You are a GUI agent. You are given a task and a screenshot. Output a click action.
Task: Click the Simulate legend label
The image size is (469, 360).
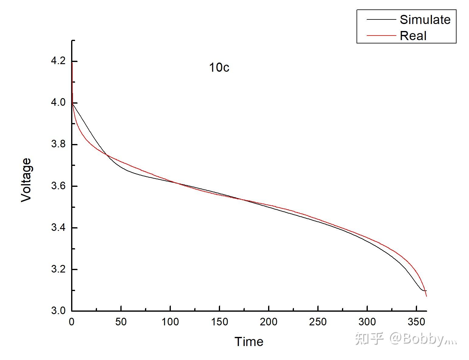(x=425, y=20)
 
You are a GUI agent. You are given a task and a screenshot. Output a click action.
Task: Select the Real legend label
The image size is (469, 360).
(x=413, y=36)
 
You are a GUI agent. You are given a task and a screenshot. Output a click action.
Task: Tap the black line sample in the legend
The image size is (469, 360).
(x=381, y=20)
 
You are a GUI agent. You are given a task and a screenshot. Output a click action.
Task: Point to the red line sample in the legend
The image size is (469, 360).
(x=381, y=36)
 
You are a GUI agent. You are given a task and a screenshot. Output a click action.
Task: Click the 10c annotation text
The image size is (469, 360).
(x=219, y=67)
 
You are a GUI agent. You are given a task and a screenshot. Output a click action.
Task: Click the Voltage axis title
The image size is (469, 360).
(x=26, y=180)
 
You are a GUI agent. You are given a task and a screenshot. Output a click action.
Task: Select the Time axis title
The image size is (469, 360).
(x=249, y=342)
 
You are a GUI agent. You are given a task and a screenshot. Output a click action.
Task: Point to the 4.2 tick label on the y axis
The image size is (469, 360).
(x=58, y=61)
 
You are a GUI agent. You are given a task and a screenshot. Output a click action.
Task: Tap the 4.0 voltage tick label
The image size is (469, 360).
(x=58, y=103)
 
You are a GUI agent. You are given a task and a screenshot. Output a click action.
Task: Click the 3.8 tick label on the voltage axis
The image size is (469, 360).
(x=58, y=144)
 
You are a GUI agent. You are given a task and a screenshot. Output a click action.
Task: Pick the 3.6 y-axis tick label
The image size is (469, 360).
(x=58, y=186)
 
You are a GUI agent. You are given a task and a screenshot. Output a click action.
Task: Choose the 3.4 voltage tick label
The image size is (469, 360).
(x=58, y=228)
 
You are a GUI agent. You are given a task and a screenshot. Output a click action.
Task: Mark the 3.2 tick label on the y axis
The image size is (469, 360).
(x=58, y=269)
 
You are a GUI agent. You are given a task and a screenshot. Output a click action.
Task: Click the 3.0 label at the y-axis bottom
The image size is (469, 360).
(x=58, y=311)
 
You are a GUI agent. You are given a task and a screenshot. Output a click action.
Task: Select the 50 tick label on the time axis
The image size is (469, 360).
(x=121, y=322)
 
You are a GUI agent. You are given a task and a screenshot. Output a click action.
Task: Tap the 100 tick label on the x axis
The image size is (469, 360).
(x=170, y=322)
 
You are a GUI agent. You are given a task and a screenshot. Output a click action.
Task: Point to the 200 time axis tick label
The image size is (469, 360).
(x=269, y=322)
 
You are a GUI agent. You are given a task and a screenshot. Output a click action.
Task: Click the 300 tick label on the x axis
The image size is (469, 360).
(x=367, y=322)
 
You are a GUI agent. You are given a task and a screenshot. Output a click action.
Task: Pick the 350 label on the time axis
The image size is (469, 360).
(x=416, y=322)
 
